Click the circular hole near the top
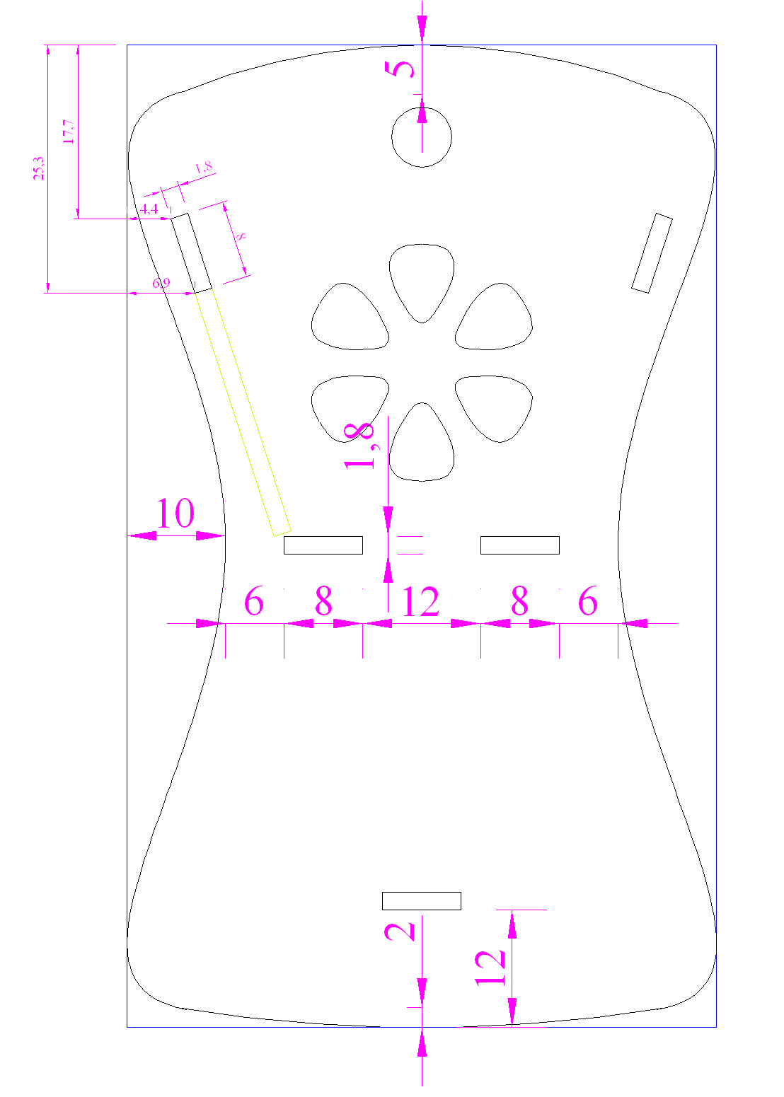click(x=422, y=108)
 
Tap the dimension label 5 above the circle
click(x=400, y=69)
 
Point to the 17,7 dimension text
click(x=69, y=132)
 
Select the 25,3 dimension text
click(x=39, y=168)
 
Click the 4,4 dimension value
click(x=149, y=209)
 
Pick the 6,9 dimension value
click(x=161, y=283)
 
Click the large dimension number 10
click(x=175, y=513)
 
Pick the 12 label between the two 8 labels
click(x=420, y=601)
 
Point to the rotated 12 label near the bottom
click(x=490, y=968)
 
